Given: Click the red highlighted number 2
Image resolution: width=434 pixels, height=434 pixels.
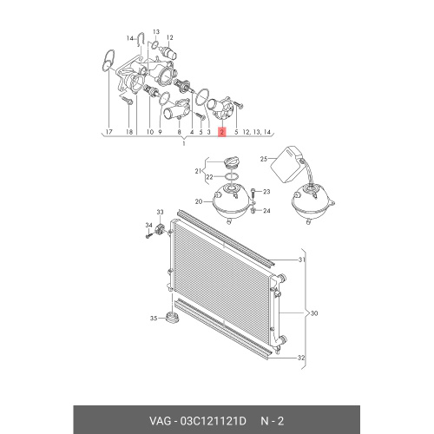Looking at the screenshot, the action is tap(221, 132).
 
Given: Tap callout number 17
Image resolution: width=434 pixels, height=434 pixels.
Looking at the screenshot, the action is tap(108, 132).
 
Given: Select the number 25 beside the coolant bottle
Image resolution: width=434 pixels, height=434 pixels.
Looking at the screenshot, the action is tap(264, 159).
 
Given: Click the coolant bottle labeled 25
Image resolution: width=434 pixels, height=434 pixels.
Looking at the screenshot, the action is tap(289, 164).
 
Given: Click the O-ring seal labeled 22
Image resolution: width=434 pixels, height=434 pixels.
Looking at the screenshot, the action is tap(232, 176).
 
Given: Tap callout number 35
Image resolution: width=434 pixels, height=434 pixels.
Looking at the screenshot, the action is tap(154, 319).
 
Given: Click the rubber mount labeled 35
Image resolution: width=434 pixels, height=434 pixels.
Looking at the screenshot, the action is tap(173, 318).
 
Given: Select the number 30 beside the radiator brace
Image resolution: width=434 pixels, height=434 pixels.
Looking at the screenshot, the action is tap(314, 313).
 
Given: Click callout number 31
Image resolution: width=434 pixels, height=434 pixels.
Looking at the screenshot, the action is tap(302, 260).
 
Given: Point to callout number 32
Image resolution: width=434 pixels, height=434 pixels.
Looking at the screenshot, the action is tap(301, 358).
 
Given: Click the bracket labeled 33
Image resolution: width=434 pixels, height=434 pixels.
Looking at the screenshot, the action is tap(161, 229).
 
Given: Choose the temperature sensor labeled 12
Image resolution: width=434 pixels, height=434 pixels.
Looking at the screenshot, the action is tap(169, 53).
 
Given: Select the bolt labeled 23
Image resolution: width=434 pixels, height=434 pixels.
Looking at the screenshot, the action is tap(253, 193).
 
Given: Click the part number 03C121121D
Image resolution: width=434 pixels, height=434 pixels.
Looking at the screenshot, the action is tap(213, 421).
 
